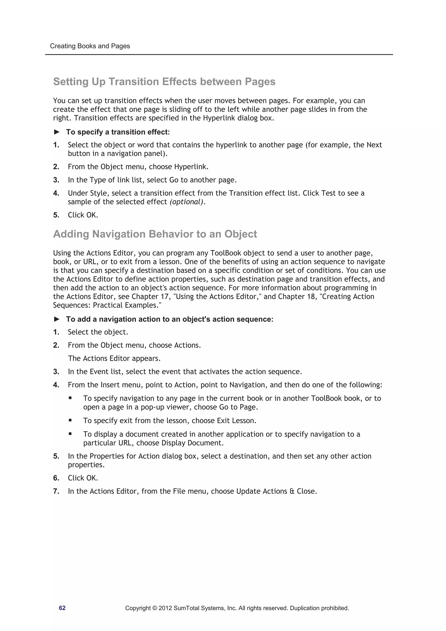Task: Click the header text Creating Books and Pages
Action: pyautogui.click(x=90, y=46)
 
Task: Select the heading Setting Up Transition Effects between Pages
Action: pyautogui.click(x=164, y=82)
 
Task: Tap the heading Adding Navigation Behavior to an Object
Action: pyautogui.click(x=155, y=234)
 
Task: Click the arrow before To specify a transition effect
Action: pyautogui.click(x=57, y=132)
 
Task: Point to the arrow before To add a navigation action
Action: pyautogui.click(x=57, y=319)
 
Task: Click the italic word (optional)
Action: pyautogui.click(x=187, y=202)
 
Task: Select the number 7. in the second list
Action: pyautogui.click(x=56, y=491)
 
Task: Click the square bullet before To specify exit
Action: pyautogui.click(x=70, y=420)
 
